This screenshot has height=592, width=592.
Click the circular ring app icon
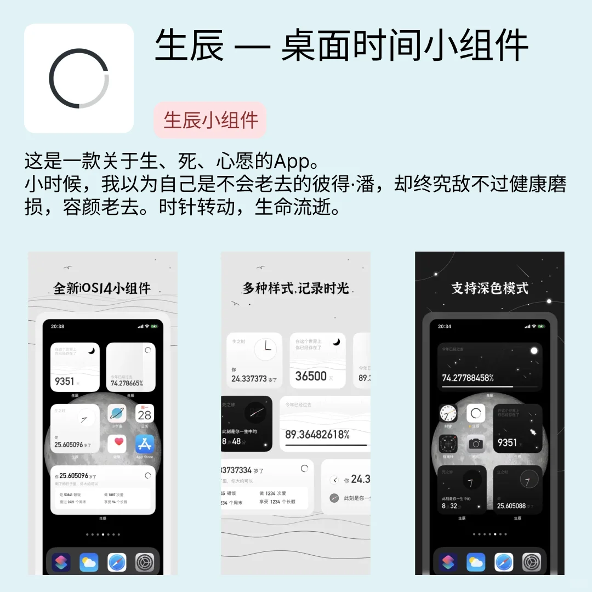(79, 78)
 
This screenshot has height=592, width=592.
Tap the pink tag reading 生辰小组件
(210, 120)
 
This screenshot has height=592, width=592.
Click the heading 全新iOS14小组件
(102, 288)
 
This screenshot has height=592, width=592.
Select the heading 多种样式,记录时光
(295, 288)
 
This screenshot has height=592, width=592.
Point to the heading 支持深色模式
(489, 288)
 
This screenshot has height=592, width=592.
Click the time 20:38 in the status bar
(58, 326)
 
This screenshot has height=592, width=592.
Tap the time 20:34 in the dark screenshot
(445, 326)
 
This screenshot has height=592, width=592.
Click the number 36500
(311, 376)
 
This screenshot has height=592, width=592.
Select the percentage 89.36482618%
(317, 434)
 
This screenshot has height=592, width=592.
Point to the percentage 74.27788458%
(468, 378)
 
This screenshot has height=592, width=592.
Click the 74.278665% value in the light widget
(127, 383)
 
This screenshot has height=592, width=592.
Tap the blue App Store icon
(145, 444)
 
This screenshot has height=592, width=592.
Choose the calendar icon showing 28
(145, 414)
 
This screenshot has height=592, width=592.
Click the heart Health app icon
(117, 444)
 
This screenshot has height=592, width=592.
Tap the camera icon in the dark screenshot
(475, 444)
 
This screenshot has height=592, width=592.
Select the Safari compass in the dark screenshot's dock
(504, 562)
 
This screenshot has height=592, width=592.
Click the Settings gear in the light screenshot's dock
(145, 562)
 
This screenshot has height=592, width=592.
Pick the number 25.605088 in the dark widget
(511, 506)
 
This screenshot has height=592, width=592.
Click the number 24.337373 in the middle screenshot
(249, 379)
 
